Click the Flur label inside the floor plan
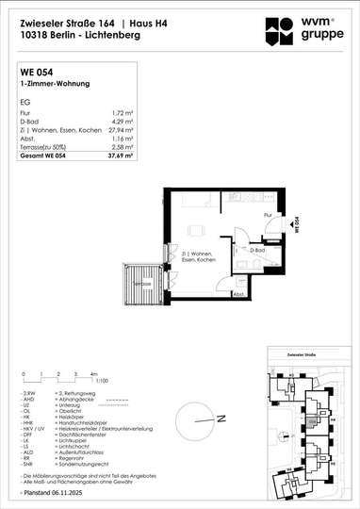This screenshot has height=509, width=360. click(268, 216)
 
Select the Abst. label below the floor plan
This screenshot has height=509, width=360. click(240, 293)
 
